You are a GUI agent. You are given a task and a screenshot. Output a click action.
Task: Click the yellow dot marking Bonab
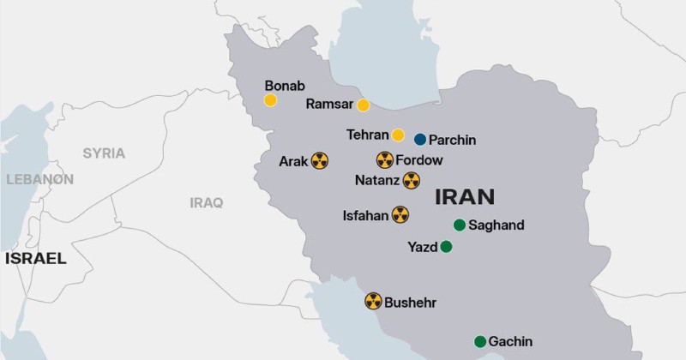[x=270, y=100]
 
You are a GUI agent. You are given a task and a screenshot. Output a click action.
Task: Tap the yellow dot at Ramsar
[x=364, y=105]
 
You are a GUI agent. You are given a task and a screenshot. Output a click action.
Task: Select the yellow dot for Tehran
[x=398, y=135]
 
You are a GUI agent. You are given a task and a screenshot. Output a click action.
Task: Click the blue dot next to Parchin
[x=420, y=140]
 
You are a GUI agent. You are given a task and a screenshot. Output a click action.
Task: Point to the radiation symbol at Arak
[x=320, y=160]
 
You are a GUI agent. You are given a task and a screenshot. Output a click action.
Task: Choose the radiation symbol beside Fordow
[x=384, y=160]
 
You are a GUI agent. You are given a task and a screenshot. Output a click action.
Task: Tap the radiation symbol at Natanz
[x=412, y=180]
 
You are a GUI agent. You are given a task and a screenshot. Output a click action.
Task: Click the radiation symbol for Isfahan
[x=400, y=215]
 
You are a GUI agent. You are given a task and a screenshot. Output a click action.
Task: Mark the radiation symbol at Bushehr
[x=373, y=301]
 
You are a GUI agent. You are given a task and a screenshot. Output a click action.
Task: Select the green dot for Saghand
[x=460, y=225]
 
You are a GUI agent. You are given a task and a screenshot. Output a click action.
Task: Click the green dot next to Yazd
[x=446, y=247]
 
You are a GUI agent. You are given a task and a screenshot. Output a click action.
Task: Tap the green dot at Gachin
[x=480, y=341]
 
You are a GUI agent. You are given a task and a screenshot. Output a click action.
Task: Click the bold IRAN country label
[x=465, y=196]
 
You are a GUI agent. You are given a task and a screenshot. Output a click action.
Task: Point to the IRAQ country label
[x=207, y=203]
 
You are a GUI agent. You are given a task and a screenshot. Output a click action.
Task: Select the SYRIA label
[x=104, y=153]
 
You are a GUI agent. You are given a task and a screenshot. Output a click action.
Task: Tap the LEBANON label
[x=39, y=179]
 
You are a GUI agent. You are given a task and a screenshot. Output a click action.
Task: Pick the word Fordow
[x=419, y=160]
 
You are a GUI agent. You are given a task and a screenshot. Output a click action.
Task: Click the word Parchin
[x=452, y=140]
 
